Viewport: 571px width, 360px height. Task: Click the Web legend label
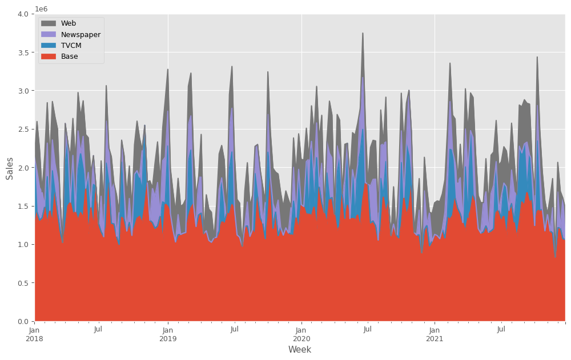pyautogui.click(x=69, y=23)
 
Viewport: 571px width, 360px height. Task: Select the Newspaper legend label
pyautogui.click(x=81, y=34)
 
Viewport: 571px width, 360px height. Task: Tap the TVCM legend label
pyautogui.click(x=71, y=45)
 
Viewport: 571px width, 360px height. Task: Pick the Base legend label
pyautogui.click(x=69, y=56)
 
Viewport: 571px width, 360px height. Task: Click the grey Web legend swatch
pyautogui.click(x=49, y=23)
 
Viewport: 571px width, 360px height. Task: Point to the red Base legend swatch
pyautogui.click(x=49, y=56)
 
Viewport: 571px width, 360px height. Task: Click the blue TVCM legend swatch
pyautogui.click(x=49, y=45)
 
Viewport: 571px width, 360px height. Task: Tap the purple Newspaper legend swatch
pyautogui.click(x=49, y=34)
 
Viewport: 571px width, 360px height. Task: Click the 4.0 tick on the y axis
pyautogui.click(x=23, y=14)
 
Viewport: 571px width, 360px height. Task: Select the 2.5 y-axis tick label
pyautogui.click(x=23, y=129)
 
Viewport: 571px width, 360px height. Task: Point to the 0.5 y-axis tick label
pyautogui.click(x=23, y=283)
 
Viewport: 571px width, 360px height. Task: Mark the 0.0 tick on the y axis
pyautogui.click(x=23, y=321)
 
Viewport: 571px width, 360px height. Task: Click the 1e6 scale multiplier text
pyautogui.click(x=42, y=9)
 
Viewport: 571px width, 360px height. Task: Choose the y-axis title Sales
pyautogui.click(x=10, y=168)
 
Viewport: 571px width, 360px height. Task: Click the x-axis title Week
pyautogui.click(x=300, y=350)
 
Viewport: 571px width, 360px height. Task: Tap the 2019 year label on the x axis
pyautogui.click(x=168, y=338)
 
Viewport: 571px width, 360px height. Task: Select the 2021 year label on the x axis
pyautogui.click(x=435, y=338)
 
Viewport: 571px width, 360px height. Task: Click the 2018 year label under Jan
pyautogui.click(x=35, y=338)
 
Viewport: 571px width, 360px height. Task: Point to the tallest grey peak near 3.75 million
pyautogui.click(x=363, y=34)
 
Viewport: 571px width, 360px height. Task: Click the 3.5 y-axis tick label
pyautogui.click(x=23, y=52)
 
